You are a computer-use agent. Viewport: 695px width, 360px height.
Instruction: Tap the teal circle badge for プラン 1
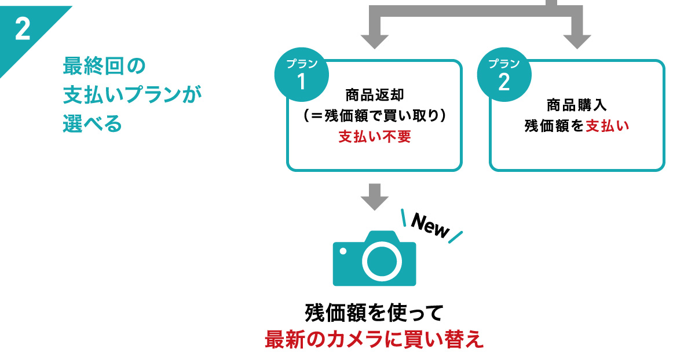coord(301,75)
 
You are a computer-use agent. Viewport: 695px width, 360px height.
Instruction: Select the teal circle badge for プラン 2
coord(503,75)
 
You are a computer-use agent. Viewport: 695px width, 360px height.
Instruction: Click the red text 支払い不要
coord(374,138)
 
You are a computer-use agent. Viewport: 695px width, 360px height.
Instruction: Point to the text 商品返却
coord(374,94)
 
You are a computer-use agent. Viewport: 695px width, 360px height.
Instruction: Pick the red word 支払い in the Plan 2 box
coord(606,126)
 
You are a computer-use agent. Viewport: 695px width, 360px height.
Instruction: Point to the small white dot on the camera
coord(343,251)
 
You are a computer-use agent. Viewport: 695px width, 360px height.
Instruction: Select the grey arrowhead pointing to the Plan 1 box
coord(374,41)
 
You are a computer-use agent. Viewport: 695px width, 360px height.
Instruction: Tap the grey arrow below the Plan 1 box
coord(374,197)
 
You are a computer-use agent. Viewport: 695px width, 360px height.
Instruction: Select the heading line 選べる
coord(92,124)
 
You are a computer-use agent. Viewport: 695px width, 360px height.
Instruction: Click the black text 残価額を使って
coord(374,313)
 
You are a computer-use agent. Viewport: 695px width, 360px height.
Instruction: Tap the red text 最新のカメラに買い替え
coord(374,339)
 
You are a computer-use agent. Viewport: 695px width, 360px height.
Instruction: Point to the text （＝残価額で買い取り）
coord(374,116)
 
